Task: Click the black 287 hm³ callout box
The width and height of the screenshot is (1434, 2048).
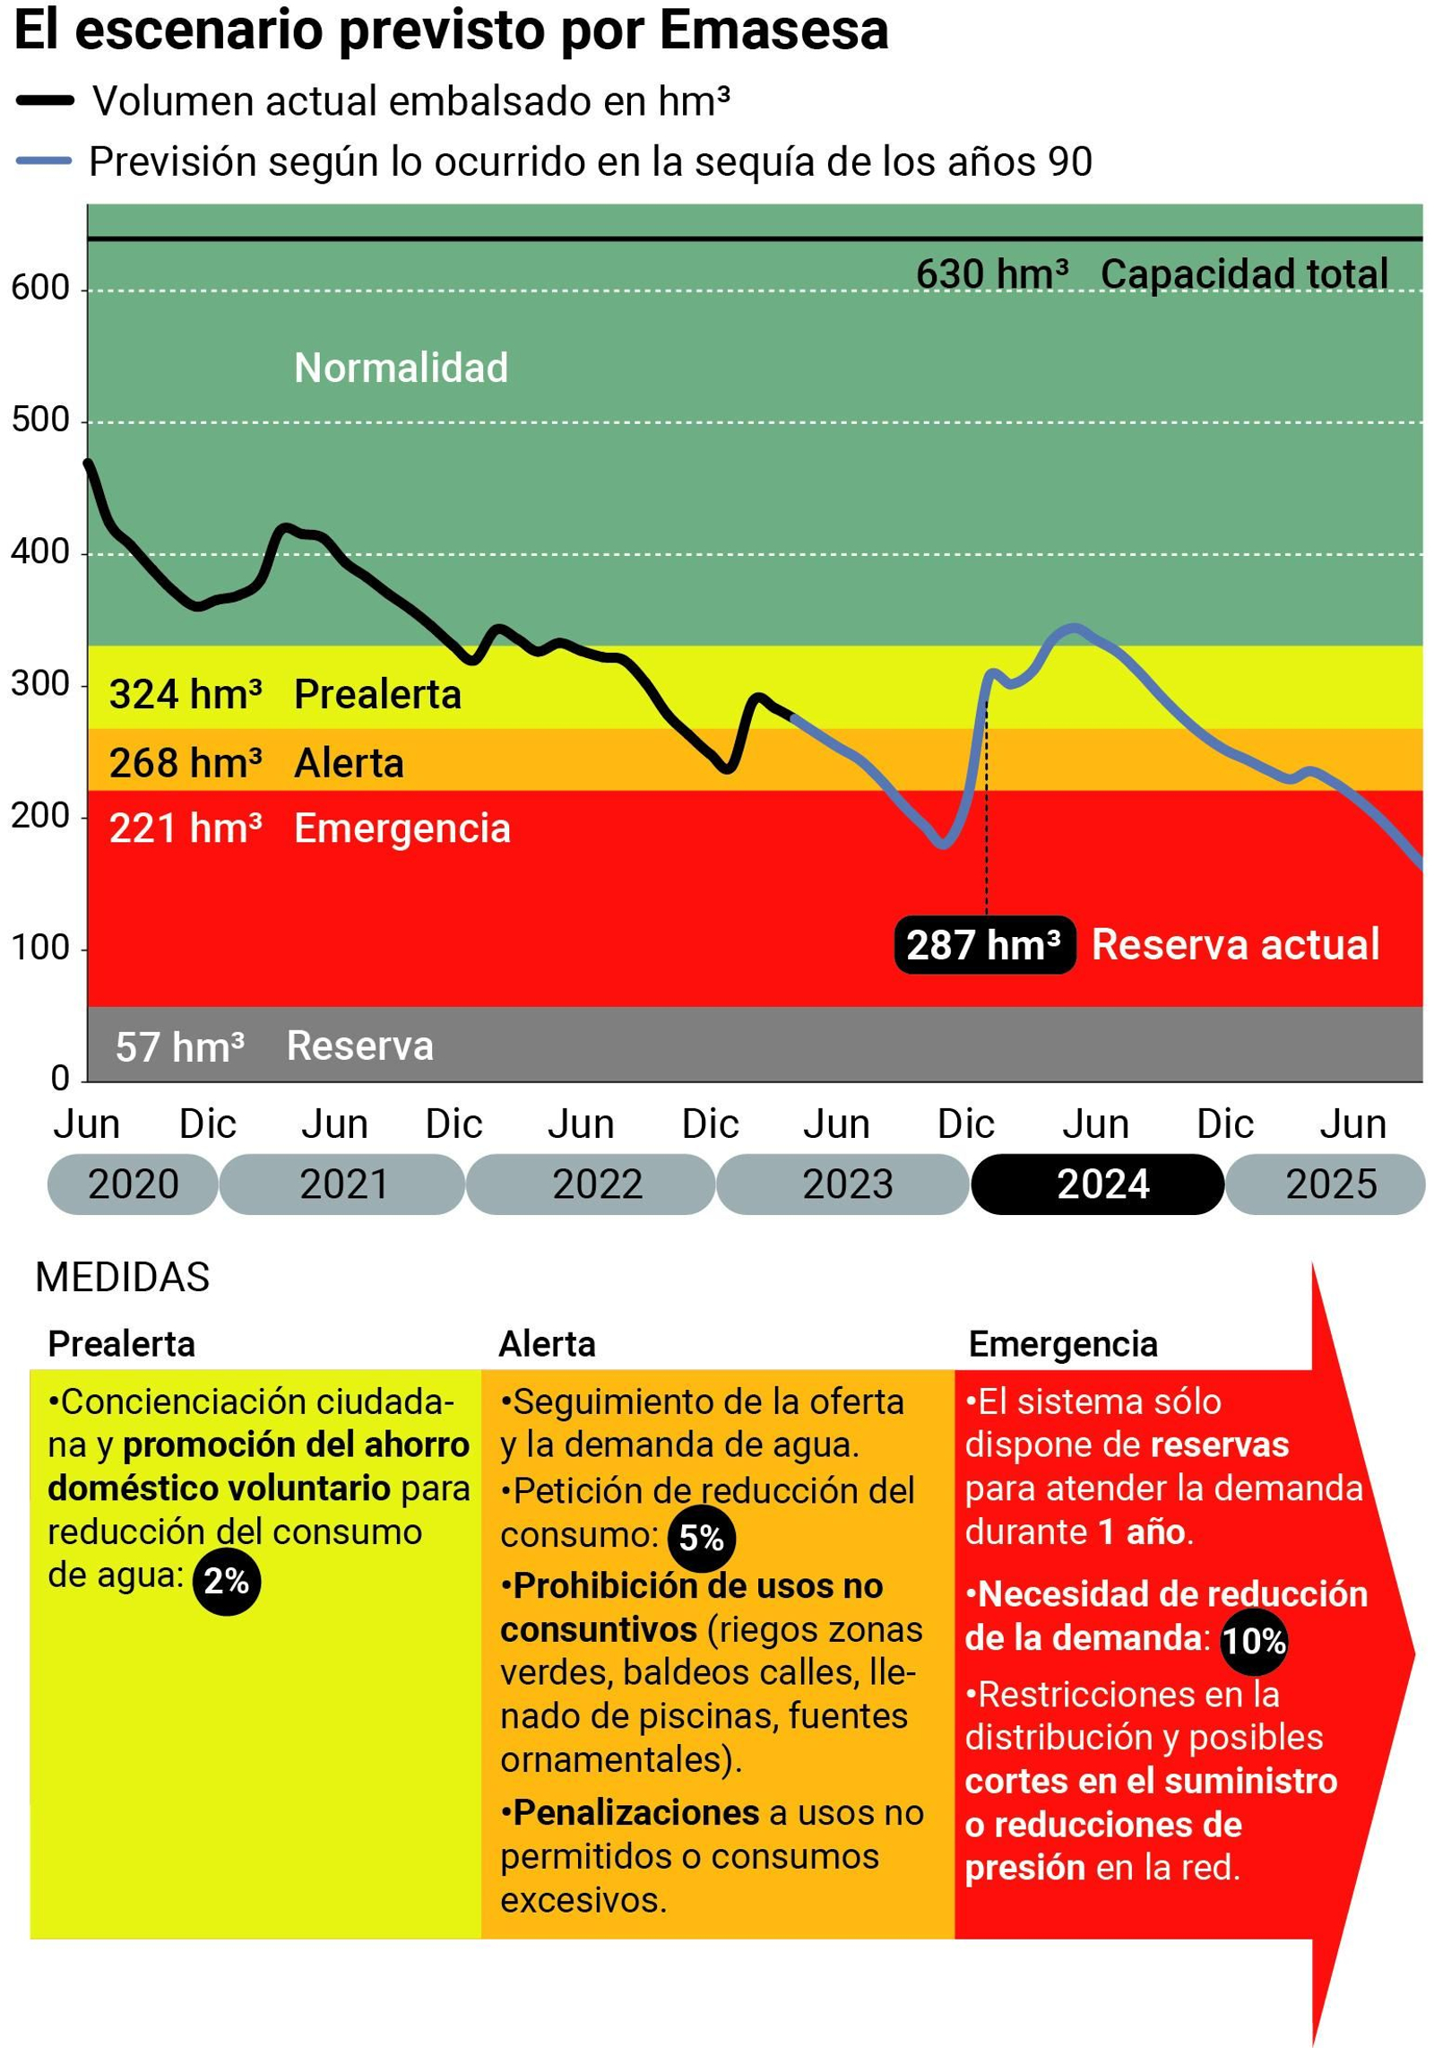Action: (984, 945)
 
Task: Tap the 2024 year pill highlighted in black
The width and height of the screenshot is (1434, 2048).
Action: (1097, 1185)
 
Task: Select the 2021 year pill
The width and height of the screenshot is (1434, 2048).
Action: (342, 1185)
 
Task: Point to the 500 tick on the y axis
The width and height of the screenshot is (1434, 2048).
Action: (40, 421)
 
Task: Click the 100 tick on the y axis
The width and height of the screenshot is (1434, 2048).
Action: (40, 948)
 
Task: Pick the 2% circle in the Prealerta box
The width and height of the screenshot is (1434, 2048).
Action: (226, 1581)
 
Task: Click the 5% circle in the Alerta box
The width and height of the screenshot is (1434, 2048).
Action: (701, 1538)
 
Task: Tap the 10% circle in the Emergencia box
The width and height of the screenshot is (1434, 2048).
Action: (1253, 1641)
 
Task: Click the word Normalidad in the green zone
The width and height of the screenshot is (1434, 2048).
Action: (401, 369)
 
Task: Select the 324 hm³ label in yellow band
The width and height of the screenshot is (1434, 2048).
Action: (186, 695)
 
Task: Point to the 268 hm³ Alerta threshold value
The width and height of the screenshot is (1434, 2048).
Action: (186, 764)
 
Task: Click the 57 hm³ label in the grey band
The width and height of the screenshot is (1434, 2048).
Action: (179, 1047)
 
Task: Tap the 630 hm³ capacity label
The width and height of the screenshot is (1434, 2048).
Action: (991, 274)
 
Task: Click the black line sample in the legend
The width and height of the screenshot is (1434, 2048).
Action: (45, 101)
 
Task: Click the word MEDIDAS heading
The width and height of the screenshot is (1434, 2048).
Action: (122, 1277)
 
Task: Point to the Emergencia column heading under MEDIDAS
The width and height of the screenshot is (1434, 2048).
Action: (1062, 1344)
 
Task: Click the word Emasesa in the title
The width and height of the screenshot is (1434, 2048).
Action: (773, 31)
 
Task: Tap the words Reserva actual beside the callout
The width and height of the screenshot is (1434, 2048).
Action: (1234, 945)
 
